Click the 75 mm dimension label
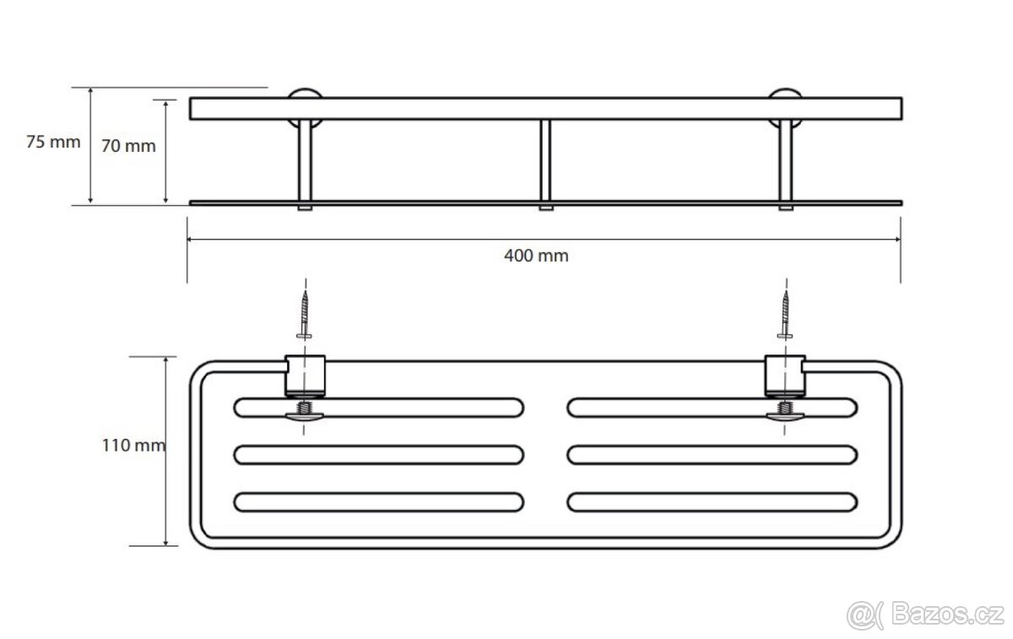pos(53,142)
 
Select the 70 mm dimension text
pos(128,146)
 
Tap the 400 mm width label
pos(536,256)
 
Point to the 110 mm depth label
pos(133,446)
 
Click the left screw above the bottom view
pos(305,315)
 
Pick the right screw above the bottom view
pos(785,315)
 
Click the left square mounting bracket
pos(305,376)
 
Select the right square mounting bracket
pos(785,376)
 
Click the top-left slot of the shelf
pos(379,408)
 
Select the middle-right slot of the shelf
pos(712,455)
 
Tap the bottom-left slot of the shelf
pos(379,502)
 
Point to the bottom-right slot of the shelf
pos(712,502)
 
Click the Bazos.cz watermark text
pos(948,615)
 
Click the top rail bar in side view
pos(546,109)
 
